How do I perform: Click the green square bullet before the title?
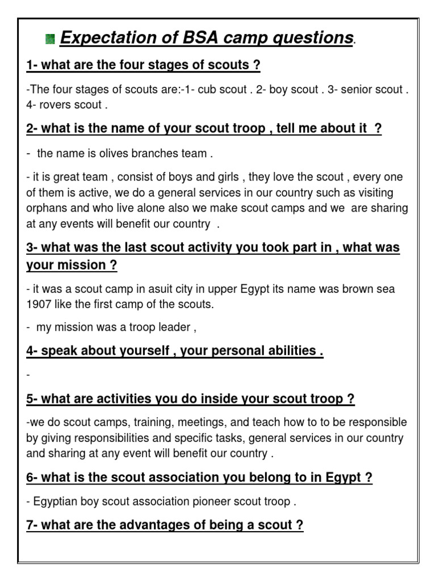coord(50,39)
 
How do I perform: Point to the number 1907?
coord(39,304)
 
